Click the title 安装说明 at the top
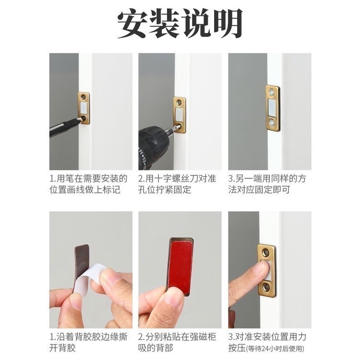[x=180, y=24]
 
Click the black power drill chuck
[x=152, y=146]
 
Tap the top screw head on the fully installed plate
[x=272, y=92]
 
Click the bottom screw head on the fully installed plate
[x=271, y=122]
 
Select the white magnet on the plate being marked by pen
[x=84, y=108]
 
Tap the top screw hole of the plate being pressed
[x=266, y=252]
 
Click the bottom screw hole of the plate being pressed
[x=266, y=287]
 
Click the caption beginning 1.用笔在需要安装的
[x=88, y=184]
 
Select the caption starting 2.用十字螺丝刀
[x=177, y=184]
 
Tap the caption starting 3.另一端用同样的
[x=267, y=184]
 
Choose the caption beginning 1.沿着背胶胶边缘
[x=88, y=343]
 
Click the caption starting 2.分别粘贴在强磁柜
[x=177, y=343]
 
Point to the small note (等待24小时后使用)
[x=275, y=349]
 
